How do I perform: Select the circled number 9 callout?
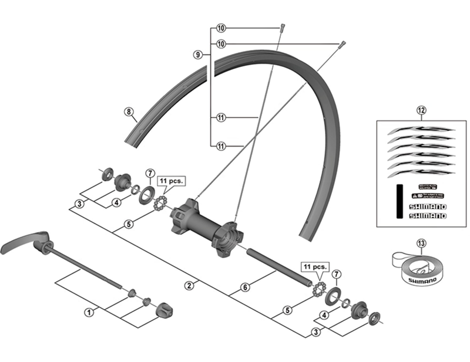click(198, 55)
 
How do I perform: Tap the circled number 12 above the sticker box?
click(421, 110)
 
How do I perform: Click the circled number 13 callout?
click(421, 243)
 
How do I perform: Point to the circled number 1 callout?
click(89, 312)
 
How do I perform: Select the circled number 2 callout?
click(189, 286)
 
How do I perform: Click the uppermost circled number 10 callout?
click(220, 28)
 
